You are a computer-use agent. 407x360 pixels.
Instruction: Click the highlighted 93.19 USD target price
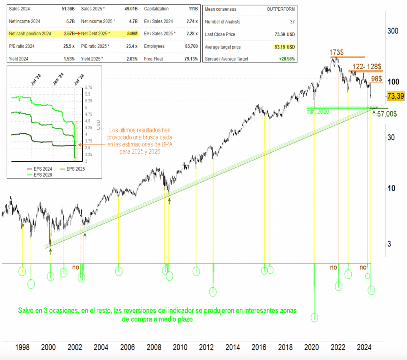tap(285, 47)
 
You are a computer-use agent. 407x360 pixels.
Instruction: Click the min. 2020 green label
tap(318, 112)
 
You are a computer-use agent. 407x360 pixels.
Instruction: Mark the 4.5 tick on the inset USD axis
tap(88, 121)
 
